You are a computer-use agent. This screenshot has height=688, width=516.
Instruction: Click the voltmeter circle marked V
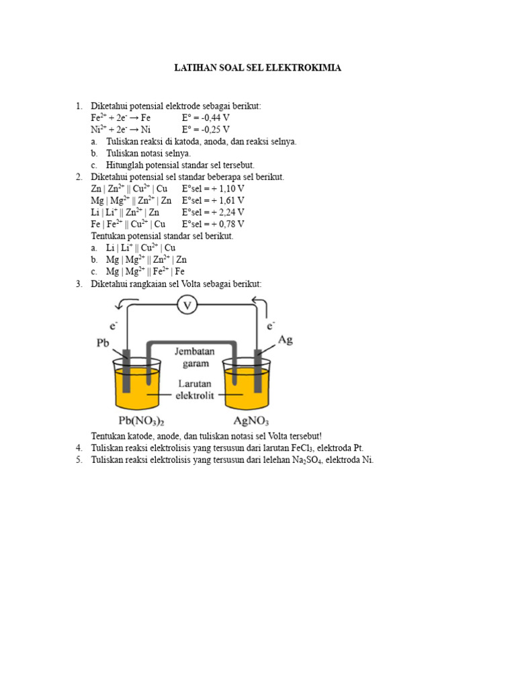pos(187,306)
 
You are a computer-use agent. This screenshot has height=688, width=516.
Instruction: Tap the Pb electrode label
pos(103,343)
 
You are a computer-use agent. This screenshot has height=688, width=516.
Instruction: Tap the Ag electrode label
pos(286,340)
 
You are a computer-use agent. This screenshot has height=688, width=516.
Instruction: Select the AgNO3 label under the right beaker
pos(251,422)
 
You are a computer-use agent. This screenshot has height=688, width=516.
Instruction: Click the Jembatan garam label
pos(194,357)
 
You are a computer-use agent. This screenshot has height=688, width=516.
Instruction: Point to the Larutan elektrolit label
pos(194,390)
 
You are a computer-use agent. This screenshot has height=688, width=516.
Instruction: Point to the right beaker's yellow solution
pos(247,393)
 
